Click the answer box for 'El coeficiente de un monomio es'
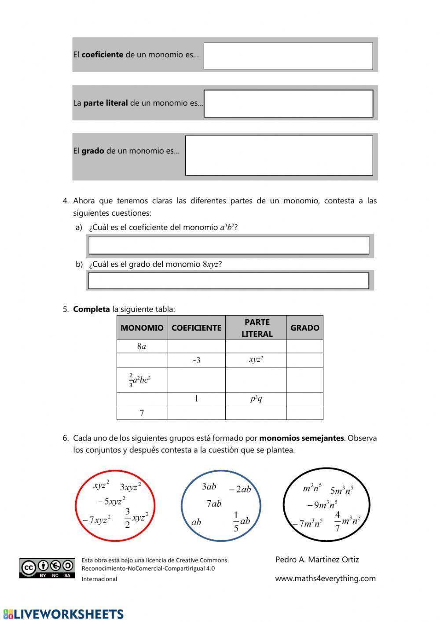[x=288, y=56]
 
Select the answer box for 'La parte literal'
[x=288, y=104]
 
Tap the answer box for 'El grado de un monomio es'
[x=279, y=155]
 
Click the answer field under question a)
[x=229, y=245]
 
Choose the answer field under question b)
[x=228, y=281]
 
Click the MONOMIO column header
[x=142, y=328]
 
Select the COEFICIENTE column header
[x=196, y=328]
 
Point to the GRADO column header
[x=304, y=328]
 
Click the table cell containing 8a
[x=142, y=346]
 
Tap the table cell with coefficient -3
[x=196, y=361]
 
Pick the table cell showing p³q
[x=256, y=399]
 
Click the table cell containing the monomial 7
[x=142, y=413]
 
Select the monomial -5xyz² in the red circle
[x=111, y=501]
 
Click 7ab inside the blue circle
[x=214, y=503]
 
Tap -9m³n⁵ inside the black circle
[x=322, y=504]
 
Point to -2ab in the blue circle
[x=240, y=489]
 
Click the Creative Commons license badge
[x=47, y=568]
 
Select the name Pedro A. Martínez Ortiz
[x=317, y=559]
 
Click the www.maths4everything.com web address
[x=325, y=578]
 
